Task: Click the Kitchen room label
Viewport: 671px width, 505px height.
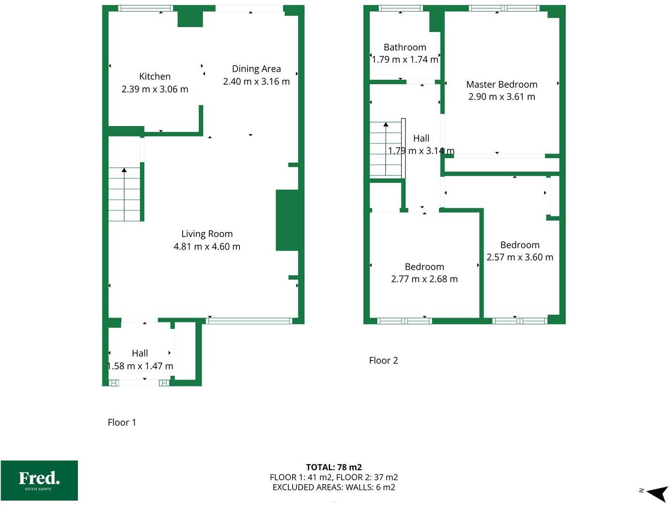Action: (x=155, y=77)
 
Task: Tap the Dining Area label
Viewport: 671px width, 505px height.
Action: (x=256, y=69)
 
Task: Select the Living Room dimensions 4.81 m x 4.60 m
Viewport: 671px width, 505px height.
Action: (x=207, y=247)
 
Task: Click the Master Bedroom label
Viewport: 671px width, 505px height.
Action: (x=501, y=84)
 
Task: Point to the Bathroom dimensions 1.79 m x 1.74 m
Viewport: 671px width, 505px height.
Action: (x=405, y=60)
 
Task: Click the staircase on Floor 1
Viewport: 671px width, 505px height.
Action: (x=125, y=194)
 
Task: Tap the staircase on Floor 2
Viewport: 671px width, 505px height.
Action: (x=386, y=149)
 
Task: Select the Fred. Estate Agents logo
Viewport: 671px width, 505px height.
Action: (x=39, y=480)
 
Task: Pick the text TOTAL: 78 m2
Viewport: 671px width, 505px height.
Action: (x=334, y=467)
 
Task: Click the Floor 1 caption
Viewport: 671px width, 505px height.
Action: (x=122, y=423)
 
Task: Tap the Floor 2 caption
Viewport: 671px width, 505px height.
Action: (x=383, y=361)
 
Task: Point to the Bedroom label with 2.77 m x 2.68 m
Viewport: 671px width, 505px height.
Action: (x=424, y=267)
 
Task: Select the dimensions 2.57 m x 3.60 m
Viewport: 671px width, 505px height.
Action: (x=520, y=257)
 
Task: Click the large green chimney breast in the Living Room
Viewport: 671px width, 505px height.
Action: (x=287, y=221)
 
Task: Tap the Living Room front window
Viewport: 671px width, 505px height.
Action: (x=250, y=321)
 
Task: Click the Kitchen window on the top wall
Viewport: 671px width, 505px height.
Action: (x=145, y=8)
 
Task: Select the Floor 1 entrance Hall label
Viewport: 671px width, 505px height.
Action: (x=140, y=353)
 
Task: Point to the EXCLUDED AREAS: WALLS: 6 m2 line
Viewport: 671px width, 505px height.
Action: (x=334, y=488)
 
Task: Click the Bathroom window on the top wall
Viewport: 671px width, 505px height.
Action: (x=400, y=8)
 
